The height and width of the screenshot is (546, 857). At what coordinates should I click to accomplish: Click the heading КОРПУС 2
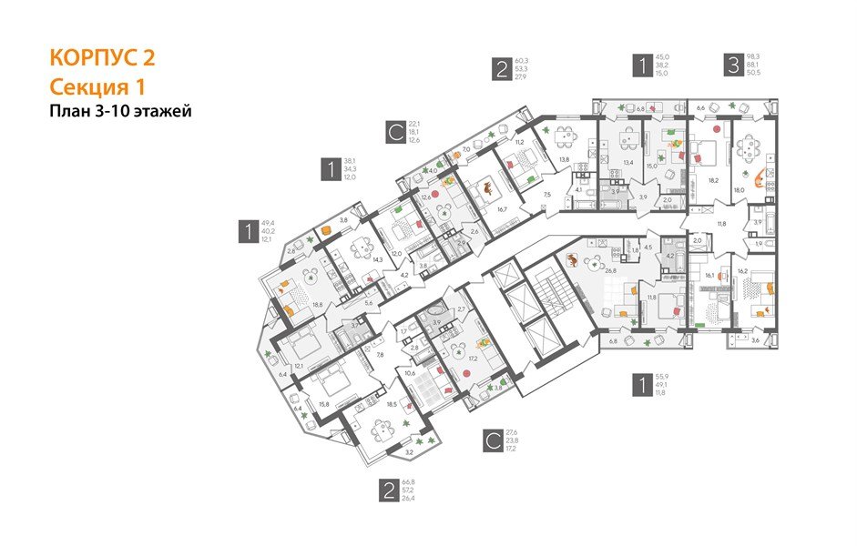[x=101, y=57]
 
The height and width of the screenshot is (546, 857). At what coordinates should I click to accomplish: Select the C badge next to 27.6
[x=491, y=442]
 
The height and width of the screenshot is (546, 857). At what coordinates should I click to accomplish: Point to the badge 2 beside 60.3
[x=501, y=70]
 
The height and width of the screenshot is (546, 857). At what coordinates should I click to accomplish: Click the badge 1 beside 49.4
[x=247, y=231]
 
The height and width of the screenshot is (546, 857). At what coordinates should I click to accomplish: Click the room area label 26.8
[x=586, y=269]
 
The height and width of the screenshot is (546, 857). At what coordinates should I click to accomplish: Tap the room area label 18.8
[x=318, y=307]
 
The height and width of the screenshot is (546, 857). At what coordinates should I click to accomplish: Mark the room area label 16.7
[x=502, y=208]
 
